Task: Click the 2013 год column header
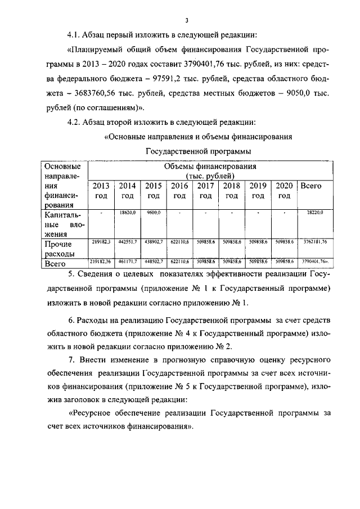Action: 101,191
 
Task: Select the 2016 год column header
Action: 179,191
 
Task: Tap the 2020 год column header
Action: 284,191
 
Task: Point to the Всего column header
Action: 310,186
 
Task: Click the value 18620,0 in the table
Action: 128,213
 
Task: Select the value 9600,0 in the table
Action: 154,213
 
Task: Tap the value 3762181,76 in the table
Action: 313,241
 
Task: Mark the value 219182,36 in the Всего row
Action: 101,261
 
